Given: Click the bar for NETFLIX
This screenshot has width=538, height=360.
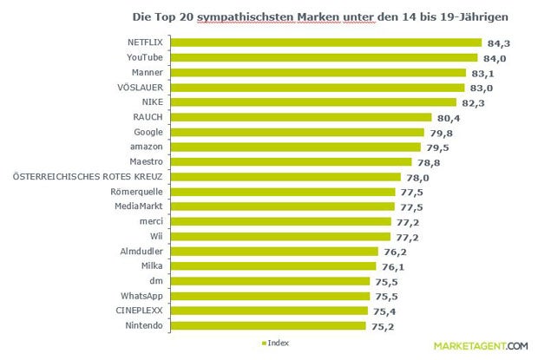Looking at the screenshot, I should (328, 42).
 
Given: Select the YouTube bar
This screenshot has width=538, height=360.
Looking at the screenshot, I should (326, 57).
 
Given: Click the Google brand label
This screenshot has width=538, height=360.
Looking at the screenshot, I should (150, 132).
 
